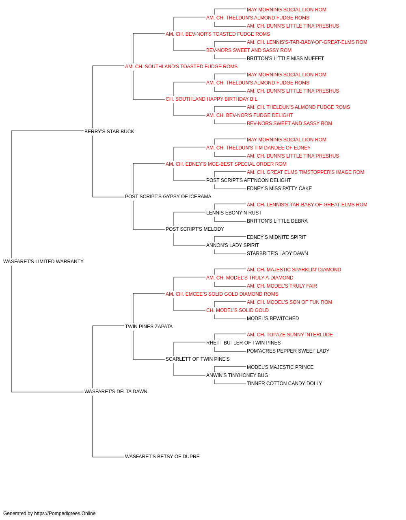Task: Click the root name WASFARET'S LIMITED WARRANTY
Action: pyautogui.click(x=43, y=262)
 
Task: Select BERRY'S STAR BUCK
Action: pyautogui.click(x=109, y=132)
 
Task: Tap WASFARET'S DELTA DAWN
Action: pyautogui.click(x=116, y=392)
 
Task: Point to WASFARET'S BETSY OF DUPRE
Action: pyautogui.click(x=162, y=457)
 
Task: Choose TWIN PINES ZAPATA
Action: pyautogui.click(x=149, y=327)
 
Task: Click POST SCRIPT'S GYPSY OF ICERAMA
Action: pyautogui.click(x=168, y=197)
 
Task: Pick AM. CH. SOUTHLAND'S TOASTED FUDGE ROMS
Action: pyautogui.click(x=181, y=67)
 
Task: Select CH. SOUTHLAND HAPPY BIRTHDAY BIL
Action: pyautogui.click(x=212, y=99)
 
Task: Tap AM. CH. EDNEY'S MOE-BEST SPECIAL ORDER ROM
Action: pyautogui.click(x=226, y=164)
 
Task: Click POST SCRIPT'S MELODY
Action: pyautogui.click(x=195, y=229)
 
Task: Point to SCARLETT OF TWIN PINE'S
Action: pyautogui.click(x=197, y=359)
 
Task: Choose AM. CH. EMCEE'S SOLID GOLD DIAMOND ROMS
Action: pyautogui.click(x=222, y=294)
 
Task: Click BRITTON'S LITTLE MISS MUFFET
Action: pyautogui.click(x=285, y=58)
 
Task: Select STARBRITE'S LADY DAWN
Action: pyautogui.click(x=277, y=253)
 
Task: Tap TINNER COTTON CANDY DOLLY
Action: pyautogui.click(x=284, y=383)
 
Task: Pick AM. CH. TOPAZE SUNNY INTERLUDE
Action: pyautogui.click(x=289, y=335)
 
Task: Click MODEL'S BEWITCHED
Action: pyautogui.click(x=273, y=318)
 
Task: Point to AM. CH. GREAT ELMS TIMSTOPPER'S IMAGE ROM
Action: pyautogui.click(x=305, y=172)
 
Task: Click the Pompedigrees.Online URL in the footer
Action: pyautogui.click(x=65, y=513)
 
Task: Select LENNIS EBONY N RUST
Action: pyautogui.click(x=234, y=213)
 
